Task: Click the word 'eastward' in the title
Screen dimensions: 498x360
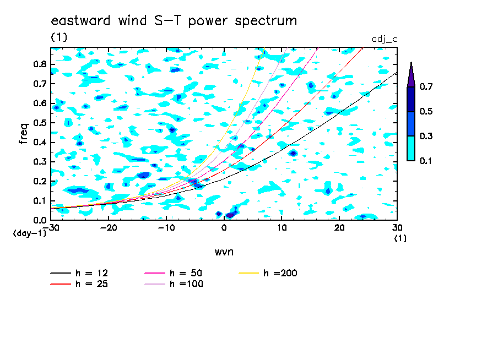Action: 80,20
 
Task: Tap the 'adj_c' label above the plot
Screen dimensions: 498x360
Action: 385,39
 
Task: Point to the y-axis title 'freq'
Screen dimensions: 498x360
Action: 24,134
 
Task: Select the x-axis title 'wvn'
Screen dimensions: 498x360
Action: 224,252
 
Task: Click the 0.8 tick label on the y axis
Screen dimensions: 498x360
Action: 40,64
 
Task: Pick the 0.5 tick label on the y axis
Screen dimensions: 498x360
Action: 40,123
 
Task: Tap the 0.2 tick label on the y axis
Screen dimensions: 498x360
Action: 40,181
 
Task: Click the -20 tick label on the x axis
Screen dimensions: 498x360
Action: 109,228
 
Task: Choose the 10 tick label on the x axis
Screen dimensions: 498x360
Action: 282,228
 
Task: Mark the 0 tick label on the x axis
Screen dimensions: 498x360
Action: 224,228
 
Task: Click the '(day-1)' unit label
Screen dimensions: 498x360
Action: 30,233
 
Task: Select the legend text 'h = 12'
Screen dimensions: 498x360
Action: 92,273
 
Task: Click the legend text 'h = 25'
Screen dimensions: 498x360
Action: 92,283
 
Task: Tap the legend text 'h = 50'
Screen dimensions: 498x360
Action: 186,273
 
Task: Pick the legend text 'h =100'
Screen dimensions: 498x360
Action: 186,283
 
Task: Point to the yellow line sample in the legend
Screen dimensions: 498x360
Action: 248,272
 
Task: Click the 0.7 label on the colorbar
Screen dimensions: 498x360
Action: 426,86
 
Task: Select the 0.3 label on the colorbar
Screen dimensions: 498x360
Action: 426,136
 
